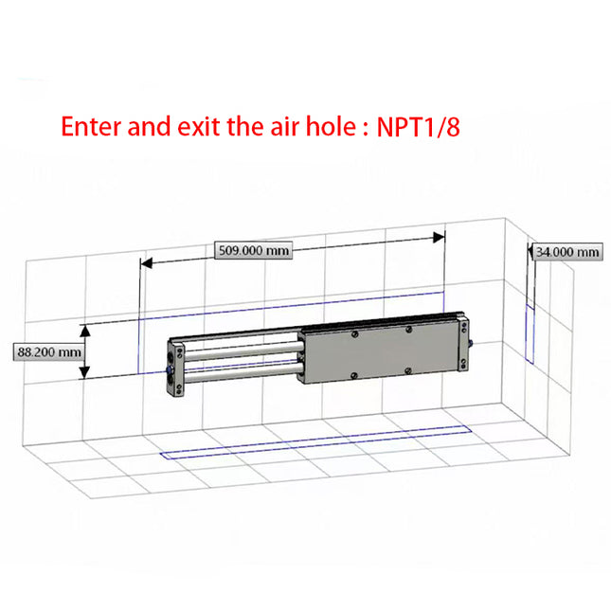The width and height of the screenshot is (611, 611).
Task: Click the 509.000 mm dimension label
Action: (251, 250)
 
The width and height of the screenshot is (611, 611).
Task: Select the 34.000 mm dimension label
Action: (566, 251)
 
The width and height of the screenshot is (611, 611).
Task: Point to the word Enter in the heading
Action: (89, 126)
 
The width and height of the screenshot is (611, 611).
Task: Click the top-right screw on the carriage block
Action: (408, 329)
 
